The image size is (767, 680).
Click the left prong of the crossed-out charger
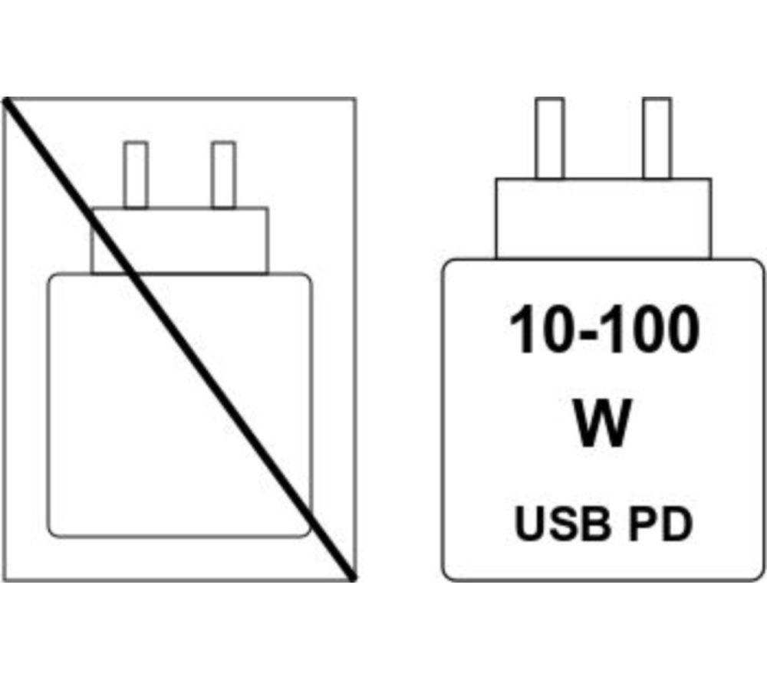[136, 175]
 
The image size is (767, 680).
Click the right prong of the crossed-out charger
[223, 175]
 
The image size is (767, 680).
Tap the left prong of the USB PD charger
[549, 138]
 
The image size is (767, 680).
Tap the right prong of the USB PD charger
[657, 138]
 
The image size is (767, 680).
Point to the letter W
[602, 423]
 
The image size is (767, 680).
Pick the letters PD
[660, 524]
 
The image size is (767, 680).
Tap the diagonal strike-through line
[179, 340]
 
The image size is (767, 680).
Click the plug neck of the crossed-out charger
[179, 241]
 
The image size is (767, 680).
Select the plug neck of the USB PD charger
[603, 218]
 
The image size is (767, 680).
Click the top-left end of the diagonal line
[6, 100]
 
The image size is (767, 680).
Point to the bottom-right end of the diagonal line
[353, 578]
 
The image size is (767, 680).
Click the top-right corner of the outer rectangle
[355, 99]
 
